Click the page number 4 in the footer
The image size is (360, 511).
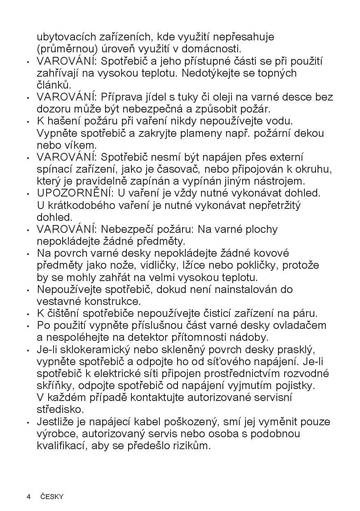click(x=28, y=497)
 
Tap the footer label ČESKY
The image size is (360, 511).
click(x=52, y=497)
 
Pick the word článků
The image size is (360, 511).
click(x=54, y=85)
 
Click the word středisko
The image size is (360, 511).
click(x=60, y=410)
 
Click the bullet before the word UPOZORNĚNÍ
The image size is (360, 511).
click(x=28, y=193)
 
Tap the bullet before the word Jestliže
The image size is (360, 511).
click(x=28, y=422)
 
